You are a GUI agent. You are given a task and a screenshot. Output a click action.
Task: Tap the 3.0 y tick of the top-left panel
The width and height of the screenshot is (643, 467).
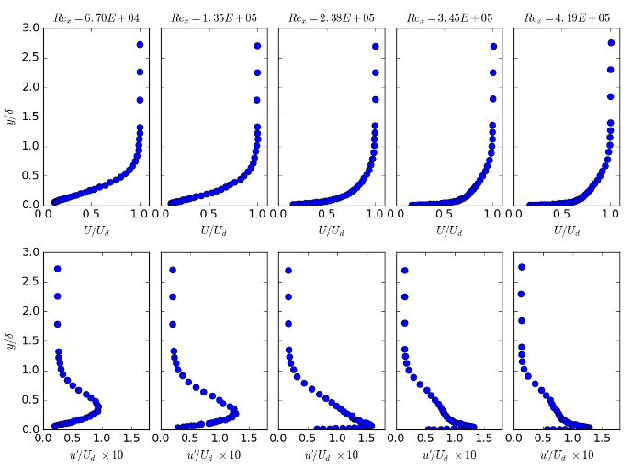pyautogui.click(x=29, y=28)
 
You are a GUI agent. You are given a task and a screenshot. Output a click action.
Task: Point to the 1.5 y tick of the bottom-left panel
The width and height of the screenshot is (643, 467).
pyautogui.click(x=29, y=340)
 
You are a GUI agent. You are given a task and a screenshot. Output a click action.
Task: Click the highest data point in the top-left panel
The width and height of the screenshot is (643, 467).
pyautogui.click(x=140, y=44)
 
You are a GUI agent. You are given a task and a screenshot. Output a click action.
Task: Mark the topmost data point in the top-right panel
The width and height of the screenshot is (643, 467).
pyautogui.click(x=611, y=42)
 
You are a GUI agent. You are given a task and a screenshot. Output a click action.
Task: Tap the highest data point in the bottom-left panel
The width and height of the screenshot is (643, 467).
pyautogui.click(x=58, y=269)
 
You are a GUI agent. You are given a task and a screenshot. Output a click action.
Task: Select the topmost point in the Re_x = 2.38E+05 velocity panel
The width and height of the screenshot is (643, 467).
pyautogui.click(x=376, y=46)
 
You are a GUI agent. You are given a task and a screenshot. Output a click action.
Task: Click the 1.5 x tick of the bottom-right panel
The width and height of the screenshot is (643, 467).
pyautogui.click(x=600, y=439)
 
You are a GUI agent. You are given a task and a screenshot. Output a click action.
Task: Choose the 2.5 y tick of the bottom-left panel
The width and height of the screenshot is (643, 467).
pyautogui.click(x=29, y=282)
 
